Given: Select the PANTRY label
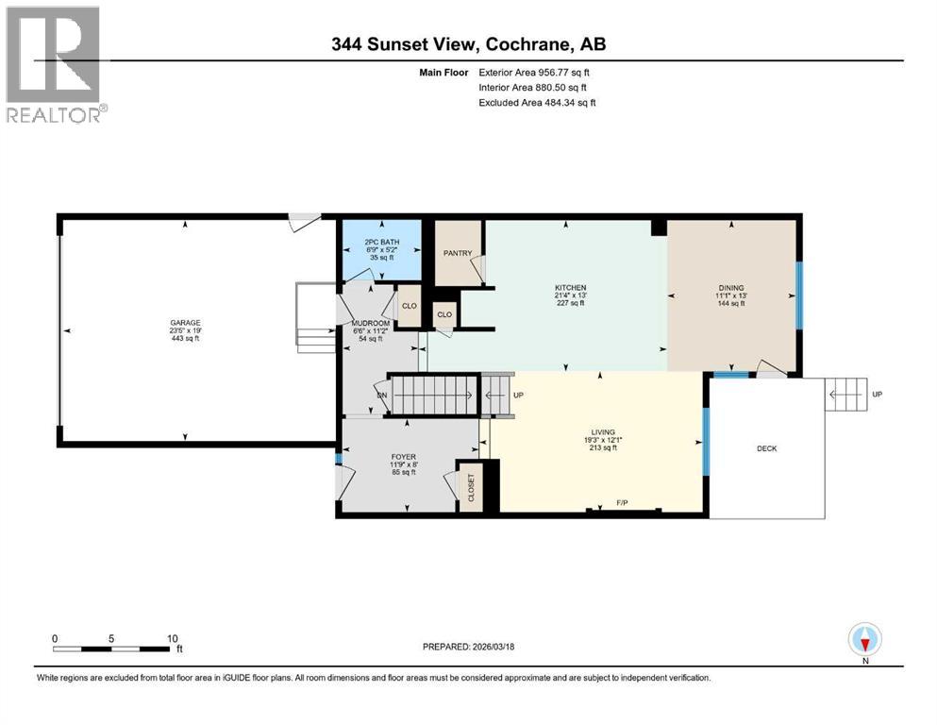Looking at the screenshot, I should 457,253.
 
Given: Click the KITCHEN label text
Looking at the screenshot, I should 570,287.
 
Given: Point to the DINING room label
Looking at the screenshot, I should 730,288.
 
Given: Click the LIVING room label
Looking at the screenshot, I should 600,430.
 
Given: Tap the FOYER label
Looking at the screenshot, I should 404,457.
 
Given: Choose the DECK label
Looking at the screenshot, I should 767,448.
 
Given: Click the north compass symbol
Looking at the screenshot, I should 864,640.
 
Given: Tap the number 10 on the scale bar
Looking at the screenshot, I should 172,638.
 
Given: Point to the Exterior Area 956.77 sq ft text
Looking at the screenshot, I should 537,72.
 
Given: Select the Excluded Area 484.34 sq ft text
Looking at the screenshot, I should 537,102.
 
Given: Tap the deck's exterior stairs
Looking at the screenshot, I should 845,394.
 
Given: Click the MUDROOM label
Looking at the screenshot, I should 366,321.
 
